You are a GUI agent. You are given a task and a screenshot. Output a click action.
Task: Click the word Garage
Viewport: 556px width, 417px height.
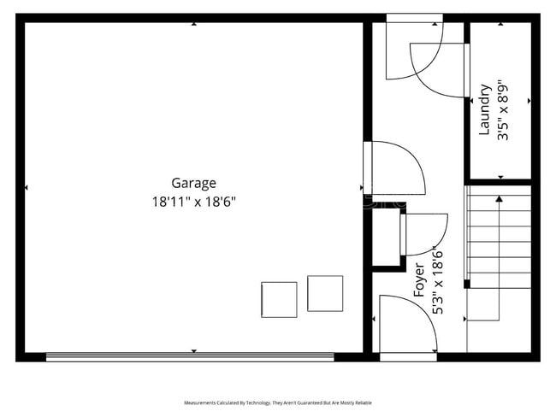pos(193,183)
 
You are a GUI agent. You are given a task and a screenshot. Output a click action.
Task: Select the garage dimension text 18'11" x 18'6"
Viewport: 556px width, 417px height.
pos(193,203)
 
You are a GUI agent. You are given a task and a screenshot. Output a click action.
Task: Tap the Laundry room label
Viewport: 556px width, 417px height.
pos(485,109)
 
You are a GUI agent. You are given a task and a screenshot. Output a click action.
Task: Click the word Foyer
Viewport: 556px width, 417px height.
pos(420,281)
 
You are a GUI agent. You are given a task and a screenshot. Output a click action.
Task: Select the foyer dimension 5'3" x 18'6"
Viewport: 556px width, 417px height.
pos(438,281)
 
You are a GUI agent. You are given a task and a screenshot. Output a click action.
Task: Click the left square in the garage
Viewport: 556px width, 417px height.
pos(279,299)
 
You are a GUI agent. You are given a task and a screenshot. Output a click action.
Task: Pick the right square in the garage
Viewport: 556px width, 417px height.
pos(325,293)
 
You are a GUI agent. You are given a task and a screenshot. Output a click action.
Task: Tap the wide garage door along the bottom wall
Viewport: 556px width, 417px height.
pos(190,357)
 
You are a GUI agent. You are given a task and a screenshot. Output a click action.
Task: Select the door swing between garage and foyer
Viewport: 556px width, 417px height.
pos(395,168)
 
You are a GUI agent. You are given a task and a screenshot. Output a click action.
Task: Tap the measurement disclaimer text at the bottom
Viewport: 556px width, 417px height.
pos(277,402)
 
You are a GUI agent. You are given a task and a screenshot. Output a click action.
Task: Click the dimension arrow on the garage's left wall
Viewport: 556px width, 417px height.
pos(27,187)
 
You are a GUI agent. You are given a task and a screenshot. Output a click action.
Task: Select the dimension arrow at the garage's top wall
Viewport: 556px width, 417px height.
pos(193,24)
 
